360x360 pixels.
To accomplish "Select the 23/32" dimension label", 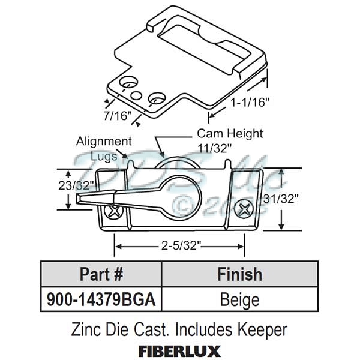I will tap(74, 185).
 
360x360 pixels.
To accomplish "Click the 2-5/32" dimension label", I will tap(179, 245).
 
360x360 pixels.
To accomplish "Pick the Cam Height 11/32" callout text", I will tap(221, 140).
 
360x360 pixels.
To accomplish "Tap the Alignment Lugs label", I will tap(104, 148).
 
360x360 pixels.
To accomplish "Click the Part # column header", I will tap(101, 274).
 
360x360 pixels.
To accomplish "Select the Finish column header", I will tap(239, 274).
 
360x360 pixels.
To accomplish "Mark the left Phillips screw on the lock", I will tap(114, 211).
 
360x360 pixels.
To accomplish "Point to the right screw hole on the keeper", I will tap(157, 95).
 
